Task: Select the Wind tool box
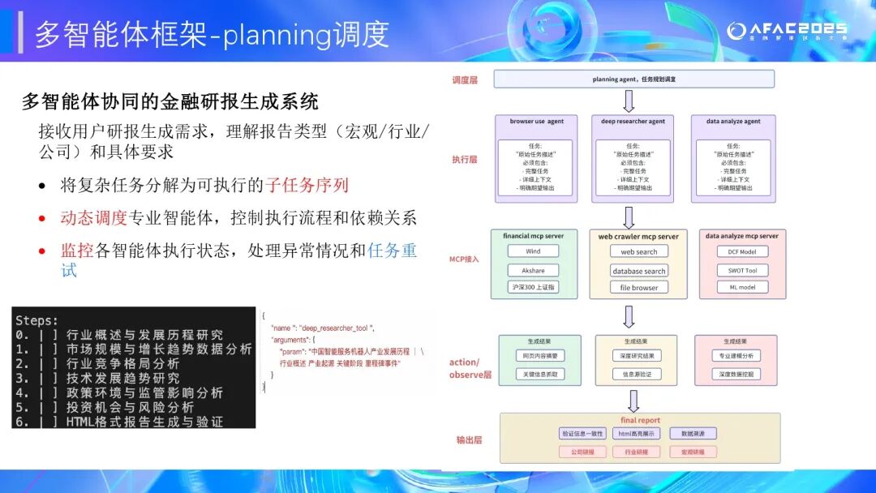click(x=533, y=252)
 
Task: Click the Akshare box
click(x=533, y=270)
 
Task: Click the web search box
click(x=638, y=252)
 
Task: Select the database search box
click(x=638, y=271)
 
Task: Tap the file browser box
click(x=638, y=288)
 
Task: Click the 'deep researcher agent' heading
click(x=633, y=122)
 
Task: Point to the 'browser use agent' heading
click(x=536, y=122)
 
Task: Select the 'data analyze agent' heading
click(x=733, y=122)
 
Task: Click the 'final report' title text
click(x=640, y=420)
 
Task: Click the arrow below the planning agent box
click(x=629, y=101)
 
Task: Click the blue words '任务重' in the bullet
click(x=392, y=251)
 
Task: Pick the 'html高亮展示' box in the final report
click(x=637, y=434)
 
